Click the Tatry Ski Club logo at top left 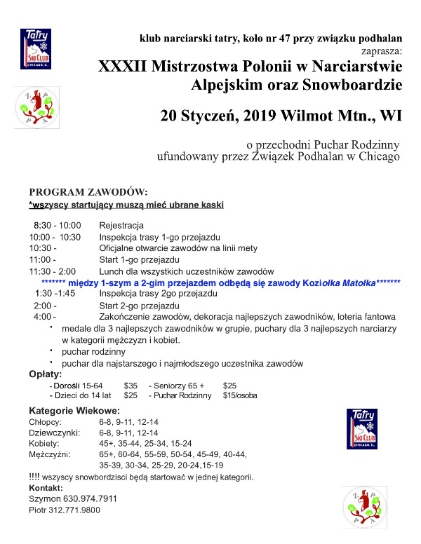point(36,48)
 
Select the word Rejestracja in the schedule point(121,225)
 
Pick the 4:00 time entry point(44,317)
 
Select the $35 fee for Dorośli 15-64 point(131,386)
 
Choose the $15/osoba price point(240,395)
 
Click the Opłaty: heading point(48,374)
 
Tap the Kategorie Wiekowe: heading point(74,410)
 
